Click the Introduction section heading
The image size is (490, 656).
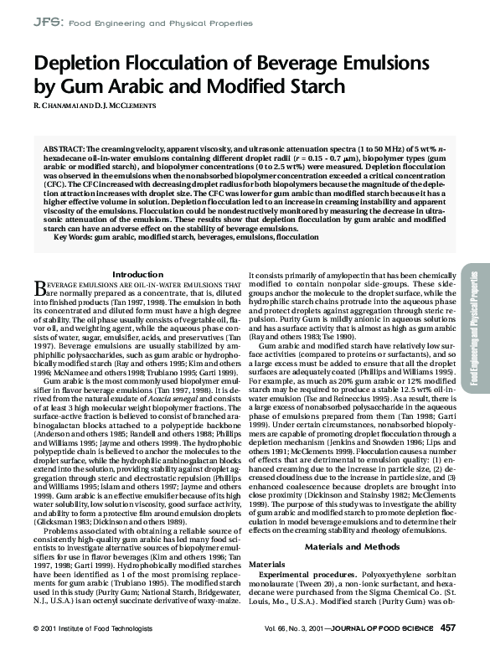[x=137, y=227]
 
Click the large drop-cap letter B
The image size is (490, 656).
[x=38, y=242]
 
